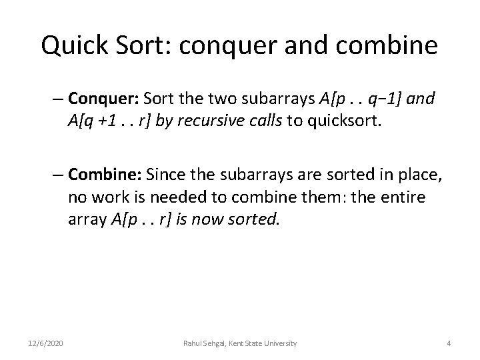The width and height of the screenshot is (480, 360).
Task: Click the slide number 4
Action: (449, 343)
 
